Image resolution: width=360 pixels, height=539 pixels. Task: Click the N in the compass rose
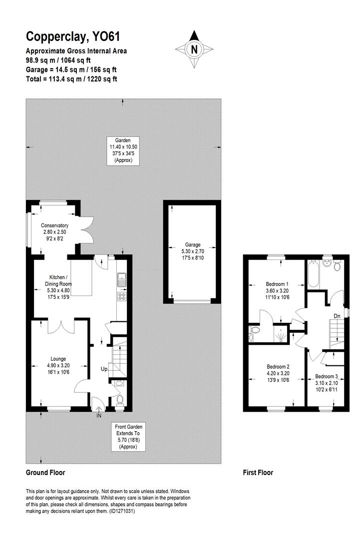click(x=194, y=49)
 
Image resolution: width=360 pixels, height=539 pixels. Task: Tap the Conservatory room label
click(x=54, y=225)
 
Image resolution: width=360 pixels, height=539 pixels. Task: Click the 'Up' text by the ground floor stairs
click(x=104, y=369)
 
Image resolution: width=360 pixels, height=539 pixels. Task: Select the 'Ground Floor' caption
click(x=45, y=472)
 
